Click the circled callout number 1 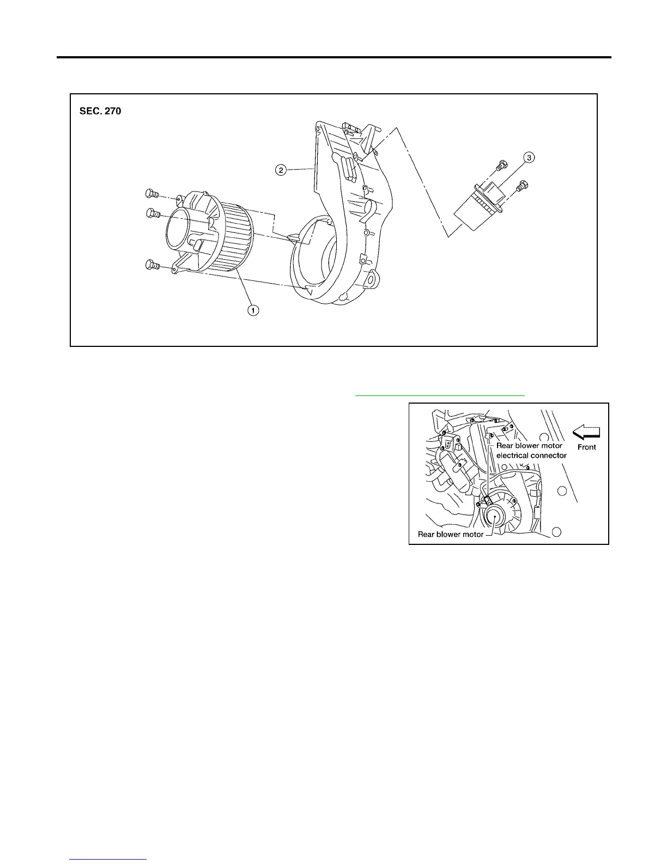[x=253, y=310]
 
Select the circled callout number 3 [x=529, y=158]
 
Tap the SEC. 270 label [x=100, y=111]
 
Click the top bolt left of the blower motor [x=151, y=194]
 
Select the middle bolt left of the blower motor [x=153, y=213]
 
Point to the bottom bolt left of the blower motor [x=151, y=266]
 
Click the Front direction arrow [x=586, y=433]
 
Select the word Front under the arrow [x=587, y=447]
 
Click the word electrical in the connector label [x=513, y=455]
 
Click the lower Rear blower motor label [x=450, y=534]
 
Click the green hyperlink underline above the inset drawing [x=439, y=394]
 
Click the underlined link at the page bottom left [x=108, y=859]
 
